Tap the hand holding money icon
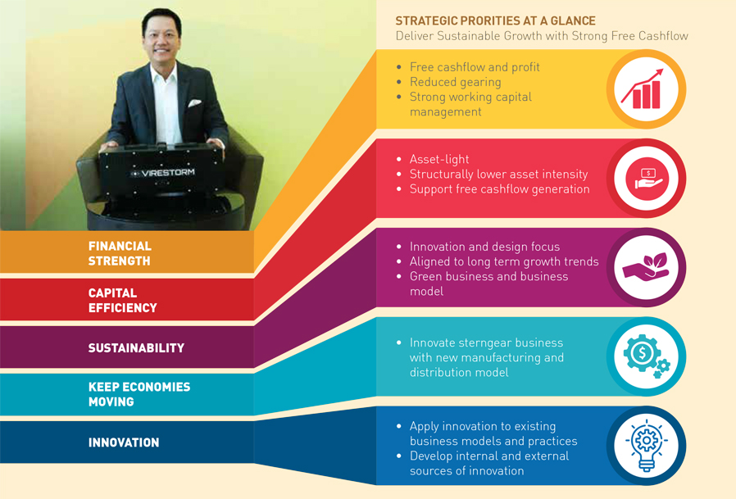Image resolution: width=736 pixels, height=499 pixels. (648, 179)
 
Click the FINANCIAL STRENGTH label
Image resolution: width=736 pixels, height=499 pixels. (120, 253)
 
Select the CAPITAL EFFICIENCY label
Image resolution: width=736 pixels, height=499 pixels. (122, 301)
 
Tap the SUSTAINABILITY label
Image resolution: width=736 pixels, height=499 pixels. (136, 348)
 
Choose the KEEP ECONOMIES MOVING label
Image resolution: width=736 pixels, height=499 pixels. (139, 394)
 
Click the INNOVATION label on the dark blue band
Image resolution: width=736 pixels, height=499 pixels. (124, 442)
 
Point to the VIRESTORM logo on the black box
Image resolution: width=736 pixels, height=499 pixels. (162, 173)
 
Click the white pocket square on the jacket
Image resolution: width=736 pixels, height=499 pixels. (194, 102)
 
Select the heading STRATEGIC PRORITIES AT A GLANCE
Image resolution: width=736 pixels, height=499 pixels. (495, 20)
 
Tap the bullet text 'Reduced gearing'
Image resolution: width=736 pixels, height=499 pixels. (456, 82)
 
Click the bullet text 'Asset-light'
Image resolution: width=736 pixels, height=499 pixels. (439, 159)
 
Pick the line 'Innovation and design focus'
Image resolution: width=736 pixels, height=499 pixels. (485, 247)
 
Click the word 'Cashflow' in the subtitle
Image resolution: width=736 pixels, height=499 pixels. (663, 36)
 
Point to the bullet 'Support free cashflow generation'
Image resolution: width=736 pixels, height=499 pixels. (499, 189)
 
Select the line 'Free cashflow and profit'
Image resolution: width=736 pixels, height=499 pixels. (475, 67)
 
